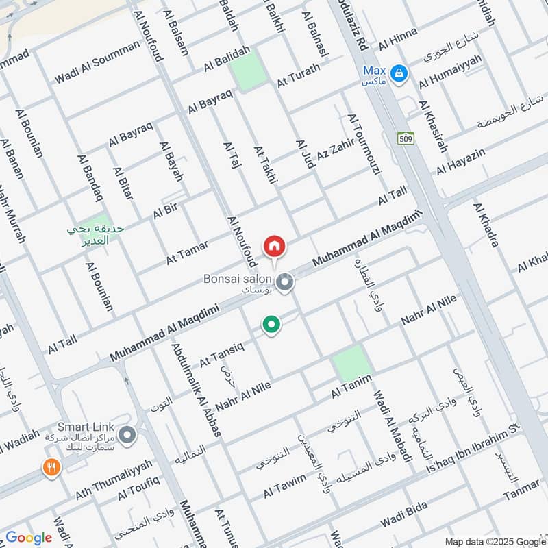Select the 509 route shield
[406, 138]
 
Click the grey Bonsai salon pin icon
[286, 281]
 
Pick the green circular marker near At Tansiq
[272, 325]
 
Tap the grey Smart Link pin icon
[127, 434]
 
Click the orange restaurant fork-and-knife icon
[51, 468]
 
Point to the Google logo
[29, 538]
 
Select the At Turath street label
[299, 80]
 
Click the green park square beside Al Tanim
[352, 363]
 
